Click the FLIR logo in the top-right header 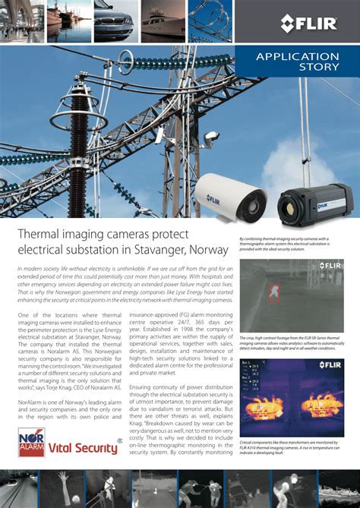308,23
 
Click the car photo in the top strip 113,21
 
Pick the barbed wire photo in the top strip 210,21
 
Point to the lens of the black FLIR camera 292,204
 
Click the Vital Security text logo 83,448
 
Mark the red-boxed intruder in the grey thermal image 274,291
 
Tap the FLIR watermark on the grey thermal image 328,266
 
